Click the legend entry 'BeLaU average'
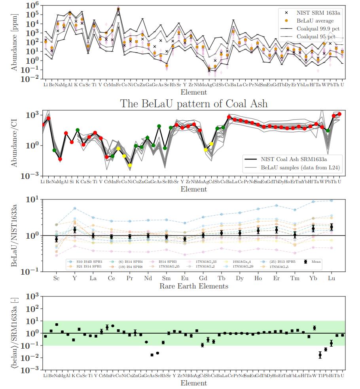pyautogui.click(x=315, y=20)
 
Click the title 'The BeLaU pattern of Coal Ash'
pyautogui.click(x=194, y=103)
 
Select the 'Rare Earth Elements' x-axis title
pyautogui.click(x=194, y=286)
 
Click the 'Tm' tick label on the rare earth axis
pyautogui.click(x=294, y=278)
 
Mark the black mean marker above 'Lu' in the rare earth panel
pyautogui.click(x=332, y=227)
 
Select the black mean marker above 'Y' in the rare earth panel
pyautogui.click(x=74, y=230)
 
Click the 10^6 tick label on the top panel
pyautogui.click(x=33, y=5)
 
